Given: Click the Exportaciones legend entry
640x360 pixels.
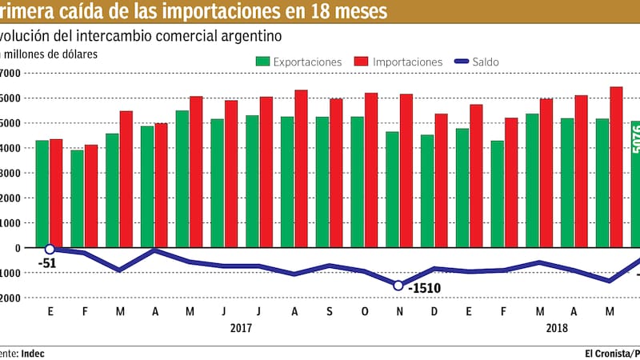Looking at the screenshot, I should click(x=299, y=62).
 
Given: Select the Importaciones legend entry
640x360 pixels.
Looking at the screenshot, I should click(x=398, y=62).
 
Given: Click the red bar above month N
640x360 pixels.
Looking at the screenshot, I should click(x=406, y=170).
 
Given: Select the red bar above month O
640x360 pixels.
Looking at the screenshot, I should click(x=372, y=170).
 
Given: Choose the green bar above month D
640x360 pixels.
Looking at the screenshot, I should click(x=427, y=190).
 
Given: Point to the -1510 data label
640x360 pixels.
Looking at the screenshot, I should click(x=424, y=287).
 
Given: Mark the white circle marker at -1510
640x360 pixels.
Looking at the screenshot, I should click(x=398, y=285).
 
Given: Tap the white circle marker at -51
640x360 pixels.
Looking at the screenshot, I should click(x=50, y=249).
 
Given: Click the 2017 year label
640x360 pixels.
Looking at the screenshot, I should click(x=241, y=327).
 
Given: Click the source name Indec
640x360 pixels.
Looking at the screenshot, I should click(x=33, y=352).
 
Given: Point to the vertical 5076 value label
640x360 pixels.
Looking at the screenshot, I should click(x=635, y=139).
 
